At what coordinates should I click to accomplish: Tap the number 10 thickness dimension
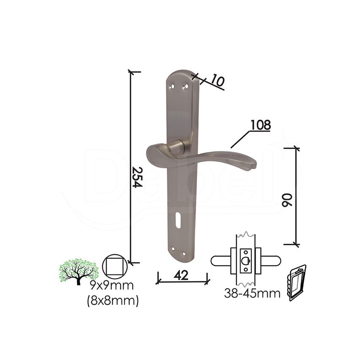click(x=217, y=80)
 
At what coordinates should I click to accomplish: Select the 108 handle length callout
click(x=260, y=125)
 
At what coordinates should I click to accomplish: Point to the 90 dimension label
click(x=287, y=200)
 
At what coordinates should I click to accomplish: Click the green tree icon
click(x=79, y=271)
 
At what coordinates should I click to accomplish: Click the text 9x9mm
click(x=111, y=286)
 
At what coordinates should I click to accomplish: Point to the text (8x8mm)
click(x=113, y=300)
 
